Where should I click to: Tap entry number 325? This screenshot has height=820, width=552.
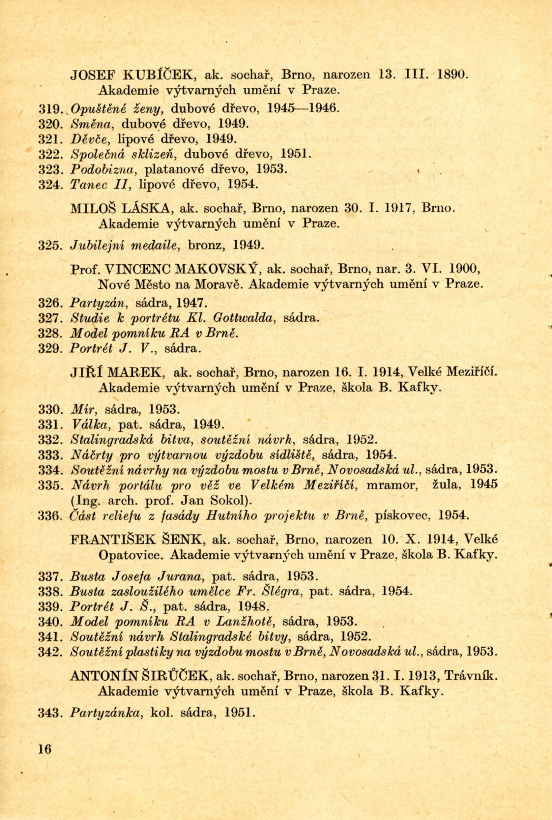[50, 245]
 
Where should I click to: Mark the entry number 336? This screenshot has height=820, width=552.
[50, 516]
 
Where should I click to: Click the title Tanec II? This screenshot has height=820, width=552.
[100, 184]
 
